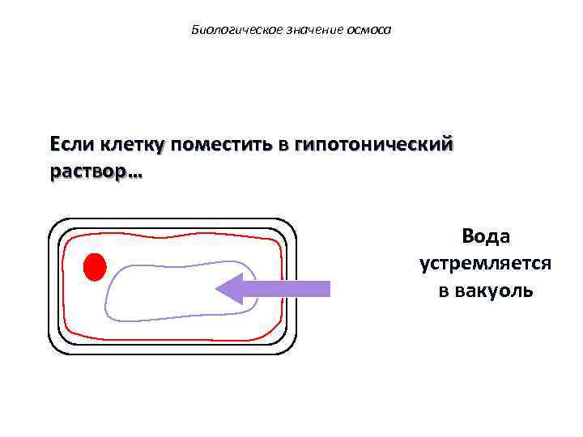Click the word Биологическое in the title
226,31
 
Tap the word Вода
486,236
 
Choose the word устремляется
486,264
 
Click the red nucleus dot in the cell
95,267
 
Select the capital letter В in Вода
468,236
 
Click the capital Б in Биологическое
195,31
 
